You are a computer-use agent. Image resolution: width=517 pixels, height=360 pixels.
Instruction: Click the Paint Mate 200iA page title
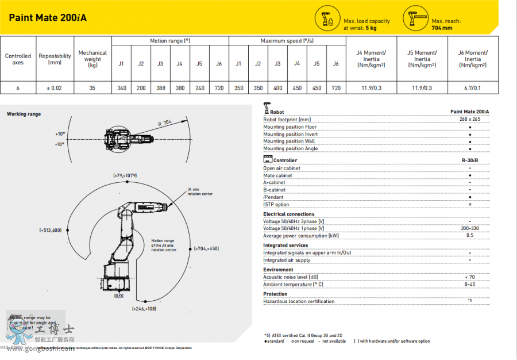[48, 17]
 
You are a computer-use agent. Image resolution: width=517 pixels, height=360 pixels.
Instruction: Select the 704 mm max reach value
[442, 28]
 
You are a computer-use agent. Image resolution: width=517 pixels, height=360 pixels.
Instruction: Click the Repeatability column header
[55, 59]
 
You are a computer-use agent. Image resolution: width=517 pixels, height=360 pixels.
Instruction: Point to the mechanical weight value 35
[92, 88]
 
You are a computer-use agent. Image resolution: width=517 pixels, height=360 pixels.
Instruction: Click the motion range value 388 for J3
[160, 88]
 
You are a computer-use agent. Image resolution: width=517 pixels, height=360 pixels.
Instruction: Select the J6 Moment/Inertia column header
[473, 59]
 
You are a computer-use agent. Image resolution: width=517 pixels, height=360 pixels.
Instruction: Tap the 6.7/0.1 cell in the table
[473, 88]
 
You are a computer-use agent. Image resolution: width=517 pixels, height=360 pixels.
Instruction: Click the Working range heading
[24, 114]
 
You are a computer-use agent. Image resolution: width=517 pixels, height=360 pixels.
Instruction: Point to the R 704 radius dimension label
[165, 122]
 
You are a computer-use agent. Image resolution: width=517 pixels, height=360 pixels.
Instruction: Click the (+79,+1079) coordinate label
[124, 174]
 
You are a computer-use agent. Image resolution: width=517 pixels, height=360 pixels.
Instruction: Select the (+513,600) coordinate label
[51, 230]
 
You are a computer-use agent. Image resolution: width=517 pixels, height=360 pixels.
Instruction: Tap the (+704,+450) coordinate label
[206, 248]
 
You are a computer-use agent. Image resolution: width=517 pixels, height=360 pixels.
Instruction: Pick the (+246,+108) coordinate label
[144, 309]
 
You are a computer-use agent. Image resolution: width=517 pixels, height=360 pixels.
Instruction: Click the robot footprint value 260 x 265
[470, 119]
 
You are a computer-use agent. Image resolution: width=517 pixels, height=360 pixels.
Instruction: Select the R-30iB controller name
[470, 160]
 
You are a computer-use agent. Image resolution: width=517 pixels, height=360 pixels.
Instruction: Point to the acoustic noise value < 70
[470, 277]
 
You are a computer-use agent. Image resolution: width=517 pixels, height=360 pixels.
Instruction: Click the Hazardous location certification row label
[299, 301]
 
